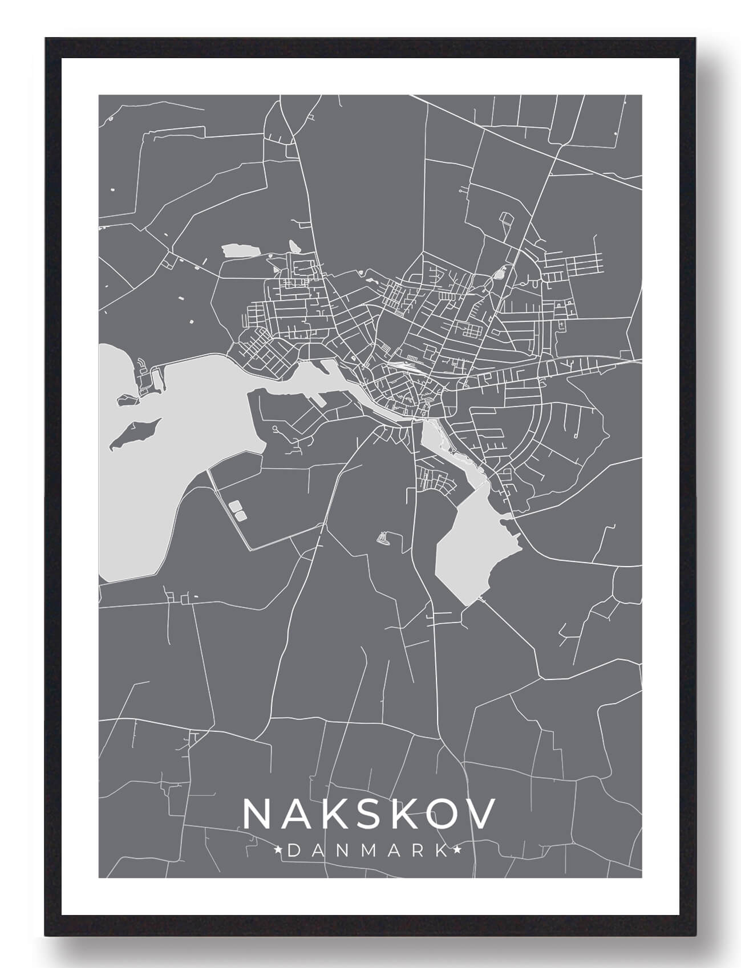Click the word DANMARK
(x=368, y=851)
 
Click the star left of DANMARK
(x=279, y=851)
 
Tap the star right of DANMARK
(x=457, y=851)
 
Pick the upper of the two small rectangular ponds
(x=234, y=505)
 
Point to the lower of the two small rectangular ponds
(x=241, y=515)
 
